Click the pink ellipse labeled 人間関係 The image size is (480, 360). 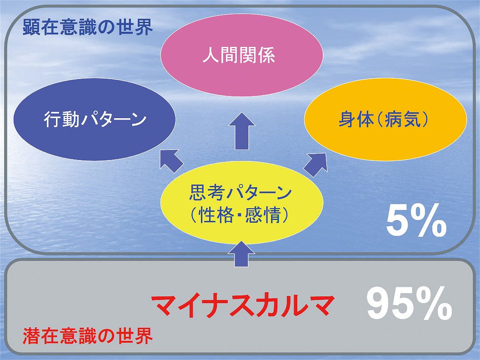pyautogui.click(x=242, y=55)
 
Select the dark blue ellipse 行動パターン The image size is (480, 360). pyautogui.click(x=95, y=120)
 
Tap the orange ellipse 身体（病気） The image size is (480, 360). pyautogui.click(x=385, y=120)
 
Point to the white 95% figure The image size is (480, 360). pyautogui.click(x=409, y=304)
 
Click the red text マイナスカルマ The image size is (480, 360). pyautogui.click(x=241, y=305)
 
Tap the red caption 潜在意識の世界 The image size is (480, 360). pyautogui.click(x=88, y=335)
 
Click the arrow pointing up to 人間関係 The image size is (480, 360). pyautogui.click(x=242, y=131)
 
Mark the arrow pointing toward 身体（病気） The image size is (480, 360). pyautogui.click(x=315, y=165)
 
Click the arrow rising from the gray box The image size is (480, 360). pyautogui.click(x=242, y=254)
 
